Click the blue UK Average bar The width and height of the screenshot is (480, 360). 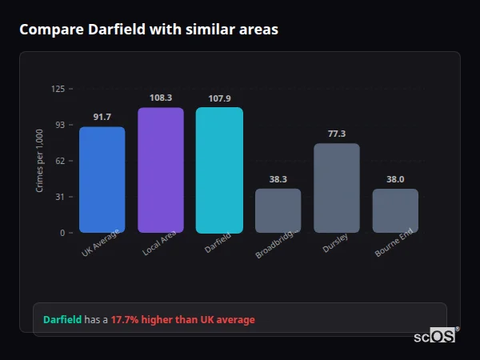[x=102, y=180]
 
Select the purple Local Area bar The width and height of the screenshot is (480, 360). [x=160, y=170]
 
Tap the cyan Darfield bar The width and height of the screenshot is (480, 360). [x=219, y=170]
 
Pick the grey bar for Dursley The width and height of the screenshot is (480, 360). [x=337, y=188]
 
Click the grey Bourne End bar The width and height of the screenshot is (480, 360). [x=395, y=210]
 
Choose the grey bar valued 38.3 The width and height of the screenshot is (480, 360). [x=278, y=210]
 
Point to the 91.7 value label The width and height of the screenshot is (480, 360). [x=102, y=118]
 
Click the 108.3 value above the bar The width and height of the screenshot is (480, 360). [x=160, y=98]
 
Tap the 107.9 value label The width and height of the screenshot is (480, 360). [x=219, y=98]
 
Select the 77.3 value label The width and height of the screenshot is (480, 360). [x=337, y=134]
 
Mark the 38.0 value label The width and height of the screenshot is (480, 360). [x=395, y=179]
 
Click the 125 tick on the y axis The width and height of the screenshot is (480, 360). [x=58, y=89]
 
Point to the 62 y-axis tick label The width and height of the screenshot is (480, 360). [x=60, y=161]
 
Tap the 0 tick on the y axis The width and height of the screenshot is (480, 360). [x=62, y=233]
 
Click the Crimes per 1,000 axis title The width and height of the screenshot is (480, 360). [x=39, y=160]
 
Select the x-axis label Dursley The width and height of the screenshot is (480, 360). [x=335, y=244]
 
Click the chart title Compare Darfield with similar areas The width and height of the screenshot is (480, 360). [x=149, y=30]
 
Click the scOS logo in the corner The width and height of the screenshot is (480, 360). [x=434, y=336]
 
